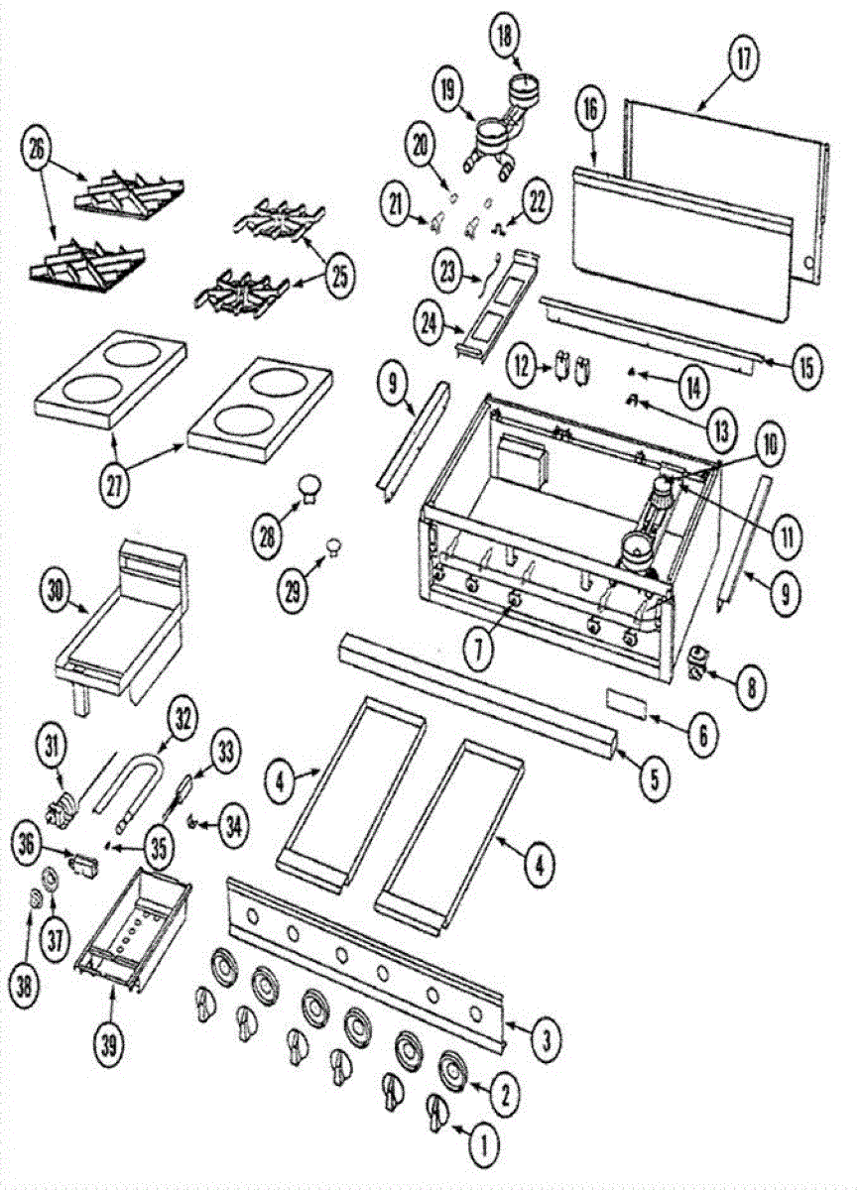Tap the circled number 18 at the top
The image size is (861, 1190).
pyautogui.click(x=505, y=39)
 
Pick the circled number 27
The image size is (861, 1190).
pyautogui.click(x=115, y=485)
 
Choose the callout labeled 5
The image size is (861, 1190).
pyautogui.click(x=654, y=779)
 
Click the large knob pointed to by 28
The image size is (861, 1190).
pyautogui.click(x=310, y=488)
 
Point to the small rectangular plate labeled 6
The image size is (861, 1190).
pyautogui.click(x=627, y=703)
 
